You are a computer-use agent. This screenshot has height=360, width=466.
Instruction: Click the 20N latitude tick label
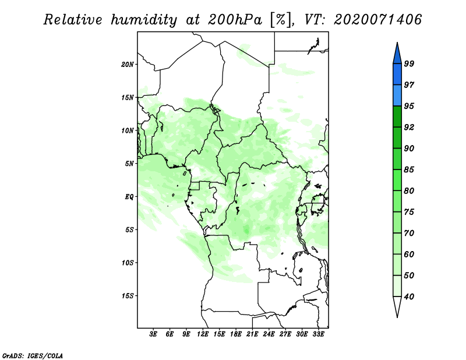[x=128, y=65]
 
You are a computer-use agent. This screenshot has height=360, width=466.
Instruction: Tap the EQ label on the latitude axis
[x=129, y=197]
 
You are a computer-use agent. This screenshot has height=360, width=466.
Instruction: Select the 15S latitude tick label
[x=128, y=296]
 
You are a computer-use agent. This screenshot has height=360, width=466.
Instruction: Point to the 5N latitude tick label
[x=129, y=164]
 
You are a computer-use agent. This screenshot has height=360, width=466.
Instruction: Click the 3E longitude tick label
[x=153, y=334]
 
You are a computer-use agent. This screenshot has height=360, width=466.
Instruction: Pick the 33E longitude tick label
[x=318, y=334]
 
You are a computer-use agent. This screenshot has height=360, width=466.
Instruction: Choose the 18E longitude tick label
[x=236, y=334]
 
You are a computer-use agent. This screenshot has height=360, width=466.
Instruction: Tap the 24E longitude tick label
[x=269, y=334]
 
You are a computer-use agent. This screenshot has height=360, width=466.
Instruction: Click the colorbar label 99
[x=409, y=63]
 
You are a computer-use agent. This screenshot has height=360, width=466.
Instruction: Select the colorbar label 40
[x=409, y=297]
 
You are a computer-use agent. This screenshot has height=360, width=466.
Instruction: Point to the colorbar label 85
[x=409, y=170]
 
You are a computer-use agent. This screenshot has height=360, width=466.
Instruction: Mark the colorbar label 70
[x=409, y=233]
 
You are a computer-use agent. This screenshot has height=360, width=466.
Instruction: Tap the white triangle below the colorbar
[x=397, y=306]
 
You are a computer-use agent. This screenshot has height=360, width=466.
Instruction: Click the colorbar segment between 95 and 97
[x=397, y=96]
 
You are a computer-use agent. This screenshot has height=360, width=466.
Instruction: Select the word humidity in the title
[x=143, y=20]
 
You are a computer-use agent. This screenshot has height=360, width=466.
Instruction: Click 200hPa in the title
[x=235, y=20]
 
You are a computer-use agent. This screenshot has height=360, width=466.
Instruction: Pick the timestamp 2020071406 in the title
[x=377, y=20]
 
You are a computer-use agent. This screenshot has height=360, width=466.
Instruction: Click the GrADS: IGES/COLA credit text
[x=33, y=355]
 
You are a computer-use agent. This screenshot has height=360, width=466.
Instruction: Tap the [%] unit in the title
[x=281, y=20]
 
